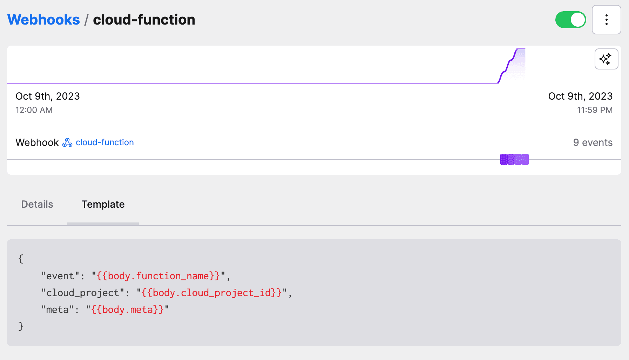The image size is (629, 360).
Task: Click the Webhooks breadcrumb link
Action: click(43, 20)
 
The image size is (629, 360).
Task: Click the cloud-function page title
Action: click(144, 20)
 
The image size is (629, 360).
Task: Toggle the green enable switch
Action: click(570, 20)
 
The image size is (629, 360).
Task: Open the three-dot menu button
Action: click(606, 20)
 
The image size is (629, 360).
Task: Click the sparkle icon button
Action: click(606, 59)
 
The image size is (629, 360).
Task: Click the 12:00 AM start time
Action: click(34, 110)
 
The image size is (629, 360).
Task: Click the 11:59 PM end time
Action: click(595, 110)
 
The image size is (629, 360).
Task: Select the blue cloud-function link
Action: click(104, 142)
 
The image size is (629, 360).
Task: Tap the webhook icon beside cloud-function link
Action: click(67, 142)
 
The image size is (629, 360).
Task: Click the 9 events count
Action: click(593, 142)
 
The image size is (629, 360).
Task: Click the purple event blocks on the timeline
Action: click(514, 159)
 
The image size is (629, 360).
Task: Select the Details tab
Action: click(37, 204)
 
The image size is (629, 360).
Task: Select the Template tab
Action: click(103, 204)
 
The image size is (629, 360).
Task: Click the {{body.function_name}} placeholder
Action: click(158, 276)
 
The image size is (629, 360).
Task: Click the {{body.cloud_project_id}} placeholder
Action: click(212, 293)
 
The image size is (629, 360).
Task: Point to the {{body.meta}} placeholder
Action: click(128, 310)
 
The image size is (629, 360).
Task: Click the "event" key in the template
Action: click(60, 276)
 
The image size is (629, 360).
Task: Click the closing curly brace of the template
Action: click(21, 326)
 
